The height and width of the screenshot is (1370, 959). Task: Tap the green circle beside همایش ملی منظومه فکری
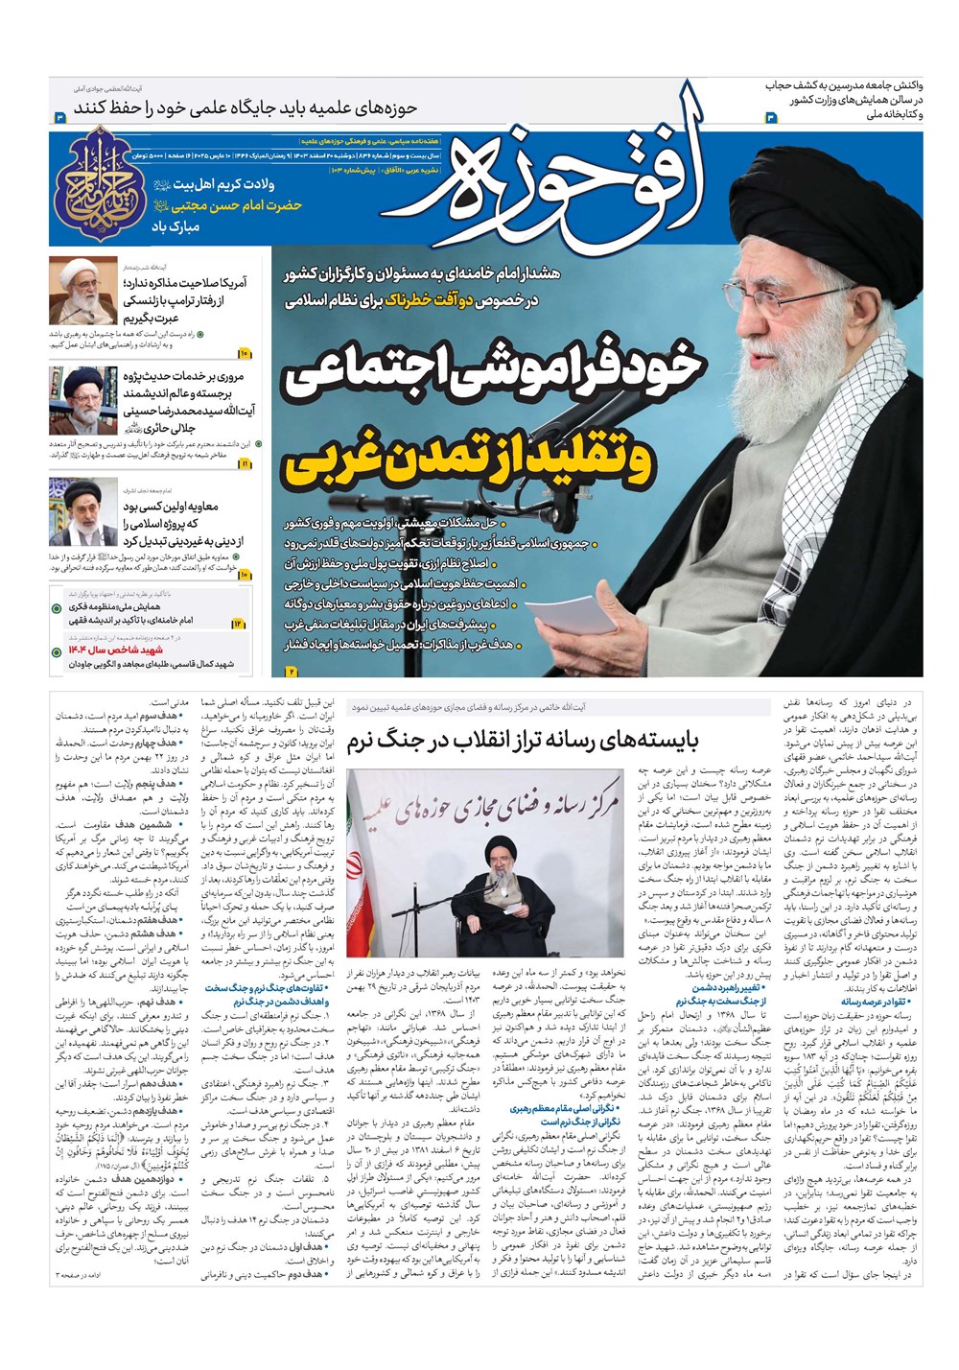(x=57, y=608)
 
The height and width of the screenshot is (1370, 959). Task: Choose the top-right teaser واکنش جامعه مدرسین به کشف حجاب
(x=844, y=86)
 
